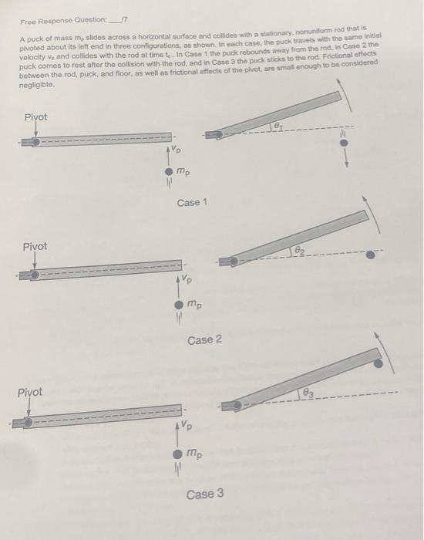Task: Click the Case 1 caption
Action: pos(192,203)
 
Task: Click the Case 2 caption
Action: pos(204,340)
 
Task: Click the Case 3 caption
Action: pos(204,493)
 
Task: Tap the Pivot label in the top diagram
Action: pos(35,116)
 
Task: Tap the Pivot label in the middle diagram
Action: pos(35,247)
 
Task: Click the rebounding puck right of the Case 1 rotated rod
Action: pos(345,143)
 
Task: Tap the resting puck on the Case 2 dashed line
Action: pos(372,255)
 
